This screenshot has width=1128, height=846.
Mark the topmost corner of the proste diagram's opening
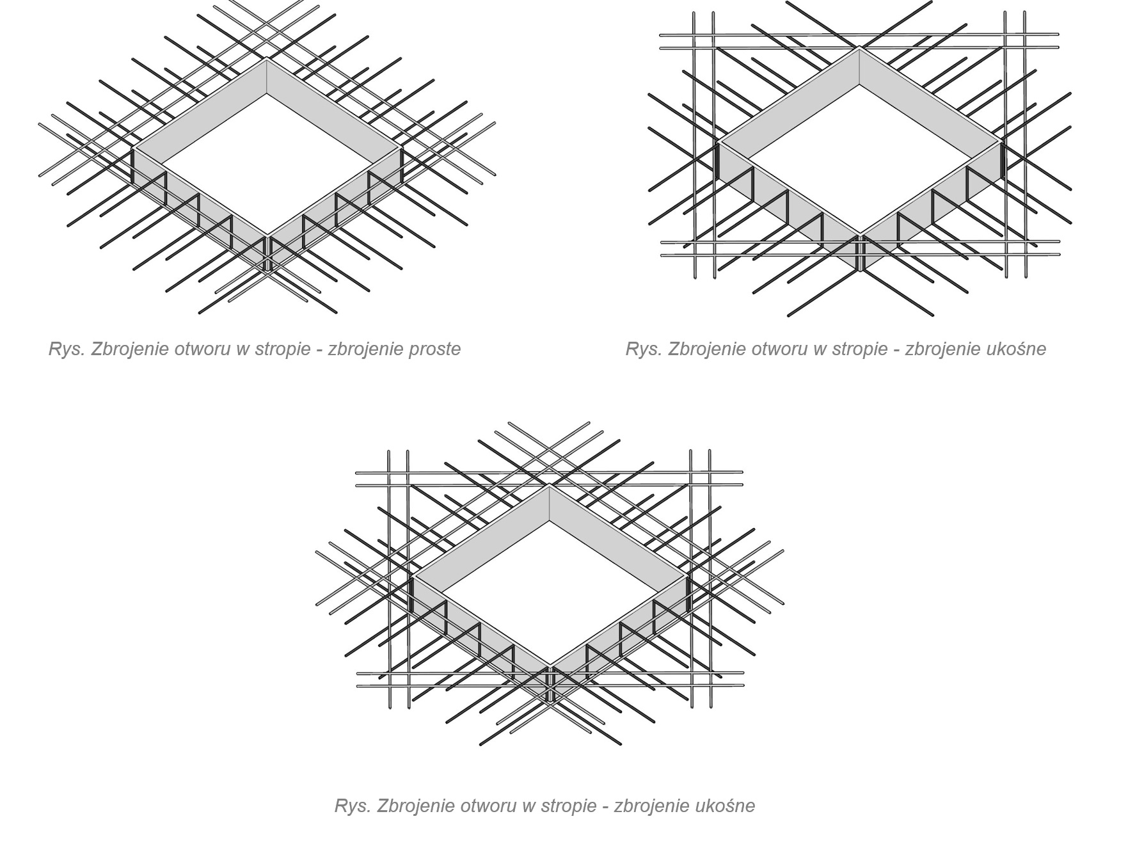pos(266,59)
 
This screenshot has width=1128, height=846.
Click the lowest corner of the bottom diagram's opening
pos(550,666)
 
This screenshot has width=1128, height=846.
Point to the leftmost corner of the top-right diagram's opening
pos(719,141)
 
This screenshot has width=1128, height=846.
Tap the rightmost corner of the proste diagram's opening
pos(401,148)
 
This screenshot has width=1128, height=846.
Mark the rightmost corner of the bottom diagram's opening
pos(688,576)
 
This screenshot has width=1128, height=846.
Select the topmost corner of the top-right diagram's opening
pos(859,48)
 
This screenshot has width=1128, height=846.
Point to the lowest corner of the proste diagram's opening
pos(266,235)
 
